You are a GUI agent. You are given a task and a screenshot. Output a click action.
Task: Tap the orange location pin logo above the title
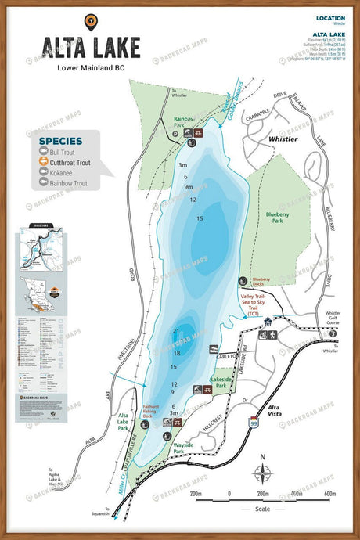92,21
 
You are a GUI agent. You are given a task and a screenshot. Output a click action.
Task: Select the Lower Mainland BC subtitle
92,67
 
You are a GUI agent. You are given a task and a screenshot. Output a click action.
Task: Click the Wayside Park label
182,447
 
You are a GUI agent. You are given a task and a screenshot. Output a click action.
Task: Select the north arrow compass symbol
263,471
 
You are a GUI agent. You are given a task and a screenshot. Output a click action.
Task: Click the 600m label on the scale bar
329,494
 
